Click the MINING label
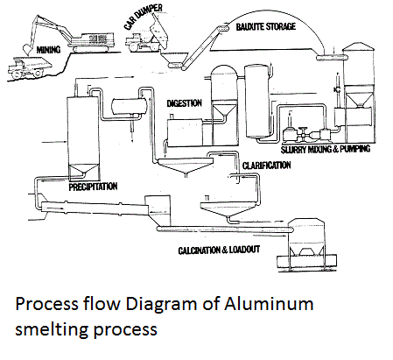tap(48, 50)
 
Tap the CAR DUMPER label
tap(143, 17)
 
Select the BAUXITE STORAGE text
tap(266, 27)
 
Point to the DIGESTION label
tap(184, 103)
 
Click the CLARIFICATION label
tap(266, 166)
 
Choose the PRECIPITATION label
tap(93, 187)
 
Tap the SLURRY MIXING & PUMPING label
tap(326, 149)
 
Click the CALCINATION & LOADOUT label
tap(219, 251)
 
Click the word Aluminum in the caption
tap(269, 304)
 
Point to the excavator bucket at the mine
tap(28, 49)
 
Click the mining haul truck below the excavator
tap(29, 67)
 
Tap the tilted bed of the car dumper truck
tap(160, 33)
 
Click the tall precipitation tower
tap(83, 138)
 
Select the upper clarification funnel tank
tap(185, 166)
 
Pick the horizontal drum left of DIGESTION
tap(129, 106)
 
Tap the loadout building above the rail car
tap(306, 238)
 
